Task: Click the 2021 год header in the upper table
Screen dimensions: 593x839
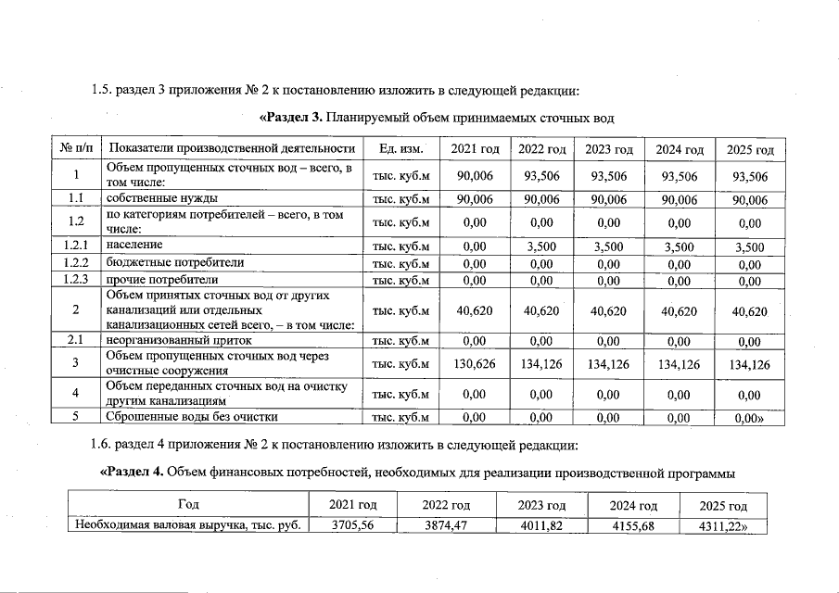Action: [x=475, y=149]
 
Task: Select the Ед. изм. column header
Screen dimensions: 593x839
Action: [x=401, y=149]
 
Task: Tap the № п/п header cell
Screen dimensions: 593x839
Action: [x=74, y=149]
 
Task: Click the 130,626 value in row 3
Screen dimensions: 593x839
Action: [x=475, y=364]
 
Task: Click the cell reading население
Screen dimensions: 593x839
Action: [x=134, y=246]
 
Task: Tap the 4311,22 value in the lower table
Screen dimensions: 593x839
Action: [x=725, y=526]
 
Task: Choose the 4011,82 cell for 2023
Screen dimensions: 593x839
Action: [x=543, y=526]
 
